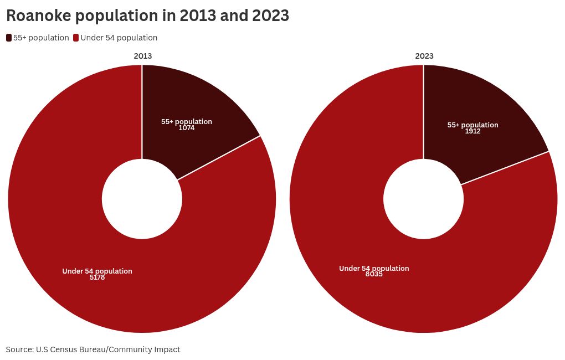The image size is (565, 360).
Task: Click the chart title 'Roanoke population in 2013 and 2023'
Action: click(147, 16)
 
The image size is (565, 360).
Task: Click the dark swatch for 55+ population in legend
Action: click(9, 38)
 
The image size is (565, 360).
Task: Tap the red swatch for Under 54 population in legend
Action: click(76, 38)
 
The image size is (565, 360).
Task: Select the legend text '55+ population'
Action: click(41, 38)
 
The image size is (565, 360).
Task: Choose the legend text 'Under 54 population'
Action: click(119, 38)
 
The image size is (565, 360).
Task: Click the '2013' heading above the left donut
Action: click(142, 56)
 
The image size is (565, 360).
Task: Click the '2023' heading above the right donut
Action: click(424, 56)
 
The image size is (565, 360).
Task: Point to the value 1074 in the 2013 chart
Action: click(187, 128)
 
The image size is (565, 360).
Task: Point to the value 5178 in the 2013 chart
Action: click(97, 277)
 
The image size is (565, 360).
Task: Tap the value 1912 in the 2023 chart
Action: click(472, 131)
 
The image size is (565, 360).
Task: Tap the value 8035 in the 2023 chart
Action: click(374, 274)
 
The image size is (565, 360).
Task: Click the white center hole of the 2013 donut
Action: click(142, 199)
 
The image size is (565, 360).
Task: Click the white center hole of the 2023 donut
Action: click(424, 199)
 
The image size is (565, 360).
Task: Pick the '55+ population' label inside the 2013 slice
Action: click(187, 121)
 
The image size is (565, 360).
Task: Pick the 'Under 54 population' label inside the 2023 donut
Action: click(374, 268)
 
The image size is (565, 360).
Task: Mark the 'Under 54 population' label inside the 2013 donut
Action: click(97, 271)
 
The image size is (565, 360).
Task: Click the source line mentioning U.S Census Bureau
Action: click(93, 349)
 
